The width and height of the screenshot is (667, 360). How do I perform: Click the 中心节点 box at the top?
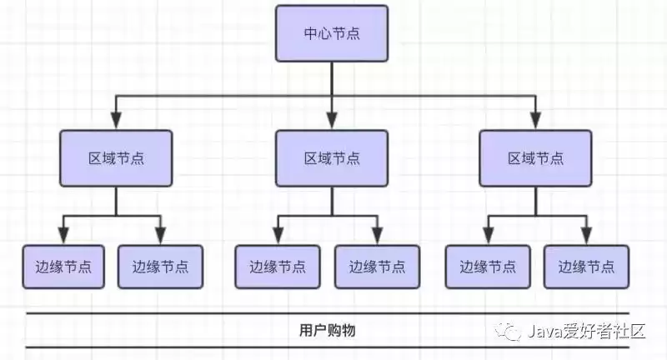[x=332, y=33]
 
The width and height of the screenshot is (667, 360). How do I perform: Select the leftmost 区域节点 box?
[x=116, y=157]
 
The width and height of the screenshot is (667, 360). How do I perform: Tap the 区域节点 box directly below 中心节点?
[x=332, y=157]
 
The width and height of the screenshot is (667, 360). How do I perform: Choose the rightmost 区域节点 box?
[x=535, y=157]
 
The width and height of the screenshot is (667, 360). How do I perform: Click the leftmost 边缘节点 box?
[x=64, y=267]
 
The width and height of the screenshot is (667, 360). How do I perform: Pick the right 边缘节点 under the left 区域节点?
[x=160, y=267]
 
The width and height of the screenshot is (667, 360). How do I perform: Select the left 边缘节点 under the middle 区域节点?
[x=277, y=267]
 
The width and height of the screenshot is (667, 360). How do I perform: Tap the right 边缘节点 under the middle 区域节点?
[x=377, y=267]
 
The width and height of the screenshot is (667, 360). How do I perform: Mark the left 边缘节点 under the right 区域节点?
[x=488, y=267]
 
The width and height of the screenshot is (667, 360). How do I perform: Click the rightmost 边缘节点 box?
[x=586, y=267]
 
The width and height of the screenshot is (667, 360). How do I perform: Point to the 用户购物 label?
[x=328, y=330]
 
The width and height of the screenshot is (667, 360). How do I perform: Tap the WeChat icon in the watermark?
[x=511, y=332]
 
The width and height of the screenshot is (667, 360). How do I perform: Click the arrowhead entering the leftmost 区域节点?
[x=116, y=122]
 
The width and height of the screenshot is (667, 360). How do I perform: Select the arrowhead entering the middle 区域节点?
[x=332, y=122]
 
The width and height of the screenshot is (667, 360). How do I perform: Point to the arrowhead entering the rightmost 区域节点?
[x=535, y=122]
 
